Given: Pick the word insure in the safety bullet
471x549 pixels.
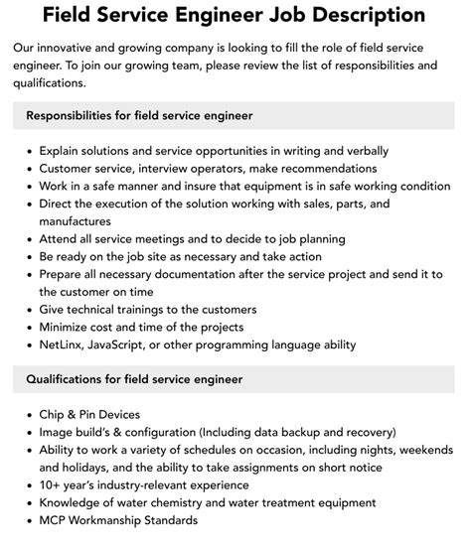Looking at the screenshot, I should [x=183, y=186].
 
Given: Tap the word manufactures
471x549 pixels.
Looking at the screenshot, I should [x=76, y=220].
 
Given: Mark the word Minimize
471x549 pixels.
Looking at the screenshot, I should [x=67, y=327].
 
